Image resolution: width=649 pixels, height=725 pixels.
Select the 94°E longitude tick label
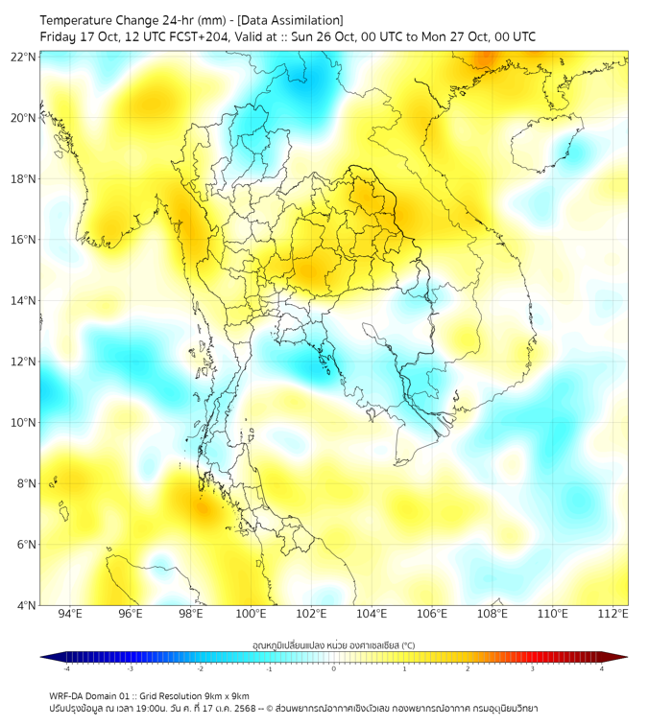pos(70,614)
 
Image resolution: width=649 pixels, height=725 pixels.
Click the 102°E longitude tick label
pos(311,614)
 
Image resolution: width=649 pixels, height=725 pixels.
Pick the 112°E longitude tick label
pos(613,614)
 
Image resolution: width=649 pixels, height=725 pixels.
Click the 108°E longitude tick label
pos(493,614)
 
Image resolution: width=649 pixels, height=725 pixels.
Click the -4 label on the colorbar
pos(65,668)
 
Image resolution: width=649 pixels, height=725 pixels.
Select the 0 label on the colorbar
pos(334,668)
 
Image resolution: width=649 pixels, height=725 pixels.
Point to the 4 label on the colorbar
pos(602,668)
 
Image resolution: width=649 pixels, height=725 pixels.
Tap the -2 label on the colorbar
pos(199,668)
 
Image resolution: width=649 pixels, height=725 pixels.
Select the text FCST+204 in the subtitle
pos(173,36)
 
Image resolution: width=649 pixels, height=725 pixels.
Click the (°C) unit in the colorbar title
pos(407,644)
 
